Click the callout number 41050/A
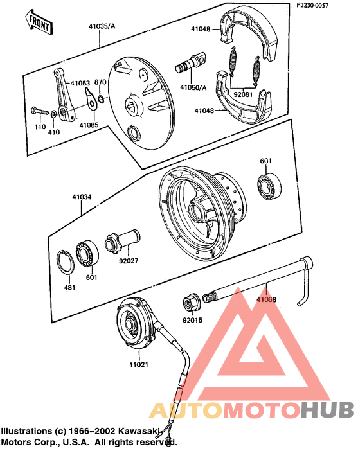pyautogui.click(x=193, y=87)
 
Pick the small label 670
pyautogui.click(x=100, y=82)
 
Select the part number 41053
pyautogui.click(x=80, y=83)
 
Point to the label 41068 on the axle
pyautogui.click(x=267, y=299)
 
